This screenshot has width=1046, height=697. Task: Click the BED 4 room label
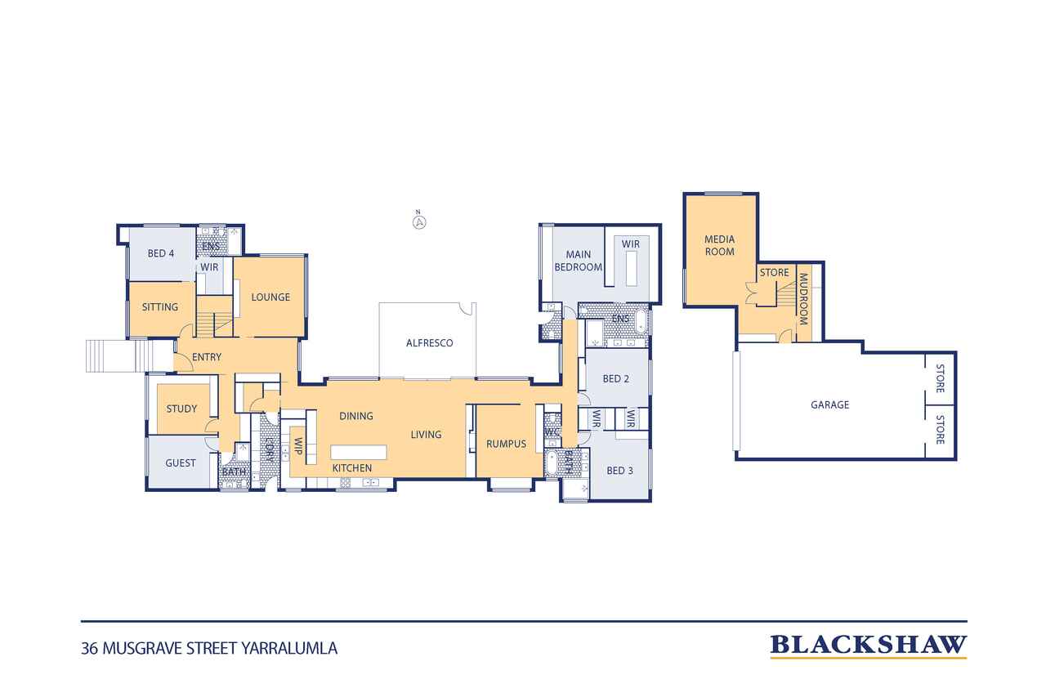[161, 253]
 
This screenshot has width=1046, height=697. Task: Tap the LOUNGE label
[270, 297]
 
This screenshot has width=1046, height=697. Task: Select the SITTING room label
[159, 307]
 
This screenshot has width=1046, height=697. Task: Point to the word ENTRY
[207, 357]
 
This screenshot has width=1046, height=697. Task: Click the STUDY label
[181, 409]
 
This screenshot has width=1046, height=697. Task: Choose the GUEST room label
[181, 463]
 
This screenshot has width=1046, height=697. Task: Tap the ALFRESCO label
[429, 343]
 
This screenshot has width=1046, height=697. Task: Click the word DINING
[355, 416]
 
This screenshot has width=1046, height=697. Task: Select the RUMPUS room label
[506, 444]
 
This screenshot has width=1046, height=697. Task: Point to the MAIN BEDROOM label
[578, 261]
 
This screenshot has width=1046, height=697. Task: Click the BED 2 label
[615, 378]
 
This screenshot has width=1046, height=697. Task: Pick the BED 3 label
[619, 471]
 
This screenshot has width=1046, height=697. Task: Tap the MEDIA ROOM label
[719, 246]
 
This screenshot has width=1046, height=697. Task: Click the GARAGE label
[829, 404]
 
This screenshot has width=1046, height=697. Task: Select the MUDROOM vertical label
[803, 299]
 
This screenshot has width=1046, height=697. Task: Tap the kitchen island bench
[358, 452]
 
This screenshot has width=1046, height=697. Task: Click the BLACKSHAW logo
[868, 646]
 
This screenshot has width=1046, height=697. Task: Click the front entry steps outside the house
[119, 355]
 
